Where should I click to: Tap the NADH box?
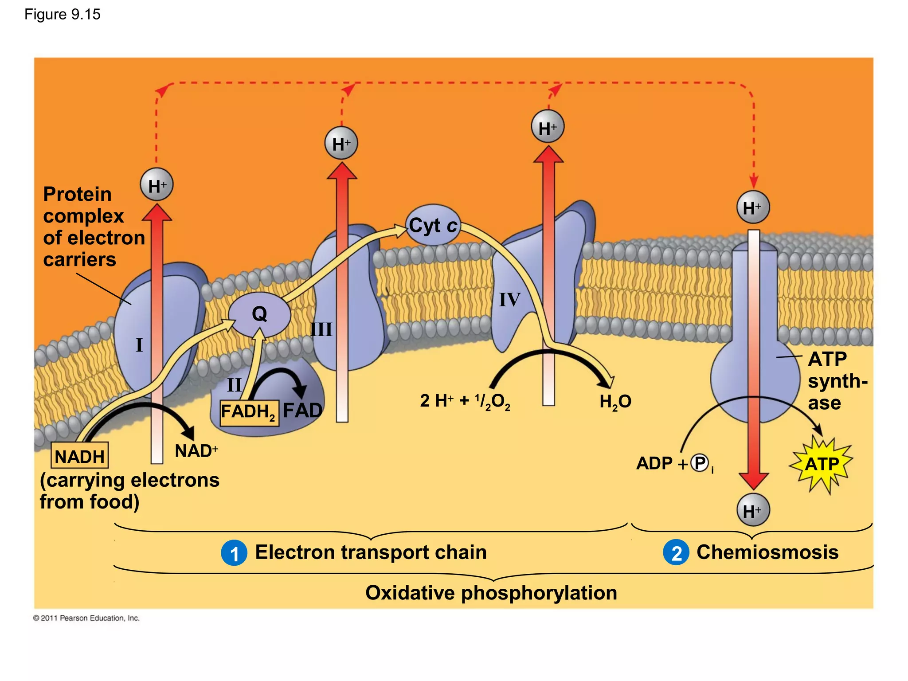tap(80, 456)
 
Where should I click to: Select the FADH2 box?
tap(249, 412)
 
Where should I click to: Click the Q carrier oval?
tap(259, 314)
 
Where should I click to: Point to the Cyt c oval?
tap(433, 225)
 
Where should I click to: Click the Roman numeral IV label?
tap(509, 300)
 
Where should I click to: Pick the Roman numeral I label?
tap(139, 344)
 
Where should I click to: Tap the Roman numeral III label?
tap(321, 329)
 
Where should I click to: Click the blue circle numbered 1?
tap(234, 553)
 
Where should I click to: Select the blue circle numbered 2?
tap(676, 553)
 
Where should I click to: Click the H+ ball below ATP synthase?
tap(753, 510)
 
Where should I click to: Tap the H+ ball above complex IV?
tap(548, 127)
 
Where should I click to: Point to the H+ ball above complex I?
tap(157, 185)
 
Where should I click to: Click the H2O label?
tap(615, 402)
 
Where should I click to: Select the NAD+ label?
tap(196, 451)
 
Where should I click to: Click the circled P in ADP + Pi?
tap(700, 463)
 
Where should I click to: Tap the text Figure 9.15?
tap(63, 15)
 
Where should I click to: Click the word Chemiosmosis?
tap(767, 552)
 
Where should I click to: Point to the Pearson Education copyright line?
tap(86, 618)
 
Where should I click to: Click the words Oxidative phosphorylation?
tap(491, 593)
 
